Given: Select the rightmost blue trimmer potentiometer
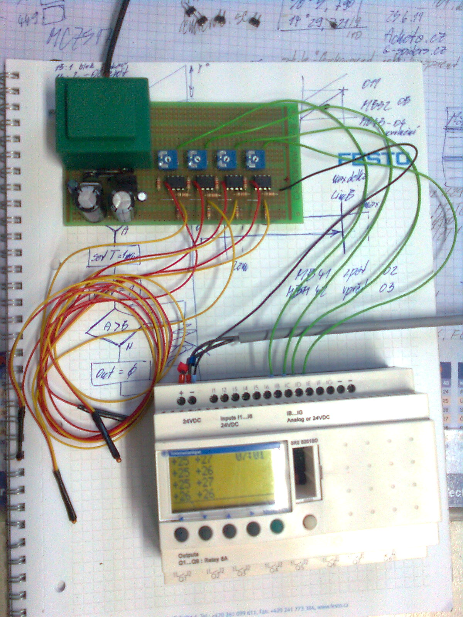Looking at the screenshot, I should (254, 158).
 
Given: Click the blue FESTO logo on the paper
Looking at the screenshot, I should (373, 159).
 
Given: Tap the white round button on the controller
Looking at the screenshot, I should (310, 523).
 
